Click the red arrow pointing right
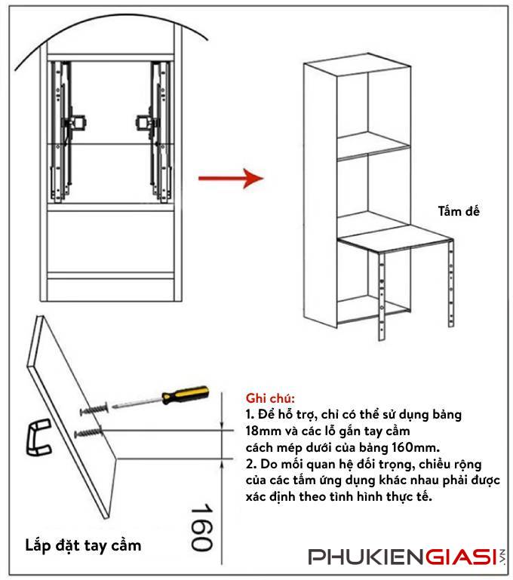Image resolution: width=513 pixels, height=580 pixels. pos(229,179)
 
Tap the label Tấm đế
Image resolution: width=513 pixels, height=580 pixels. pos(458,212)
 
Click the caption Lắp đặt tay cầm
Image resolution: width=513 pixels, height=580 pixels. pos(82,544)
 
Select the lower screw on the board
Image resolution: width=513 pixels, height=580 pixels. pos(90,433)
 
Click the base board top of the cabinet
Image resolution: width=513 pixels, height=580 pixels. pos(392,242)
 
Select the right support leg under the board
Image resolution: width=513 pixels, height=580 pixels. pos(452,279)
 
